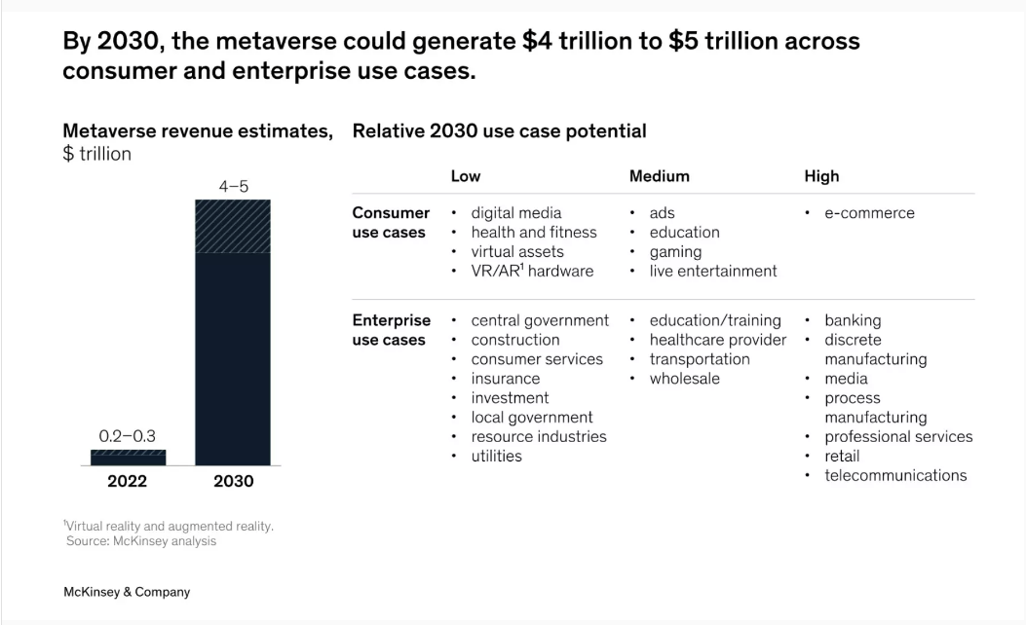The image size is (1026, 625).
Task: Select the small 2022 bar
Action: click(x=128, y=458)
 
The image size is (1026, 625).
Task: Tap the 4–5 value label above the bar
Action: click(x=233, y=185)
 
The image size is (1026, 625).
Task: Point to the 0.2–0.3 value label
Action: click(x=128, y=435)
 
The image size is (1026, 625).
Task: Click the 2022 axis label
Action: click(x=128, y=482)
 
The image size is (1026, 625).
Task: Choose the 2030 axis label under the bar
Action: click(x=233, y=482)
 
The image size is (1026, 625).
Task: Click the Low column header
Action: click(x=465, y=176)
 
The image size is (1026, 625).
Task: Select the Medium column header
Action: click(x=659, y=176)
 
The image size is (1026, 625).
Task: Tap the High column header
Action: click(x=821, y=176)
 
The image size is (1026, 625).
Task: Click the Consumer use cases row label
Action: click(x=390, y=223)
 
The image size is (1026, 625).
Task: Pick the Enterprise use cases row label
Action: click(x=390, y=330)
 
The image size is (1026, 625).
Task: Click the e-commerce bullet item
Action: click(x=869, y=213)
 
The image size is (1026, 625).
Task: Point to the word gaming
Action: click(x=675, y=252)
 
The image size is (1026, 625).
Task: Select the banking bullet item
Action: click(x=853, y=320)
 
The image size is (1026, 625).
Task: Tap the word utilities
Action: click(x=496, y=457)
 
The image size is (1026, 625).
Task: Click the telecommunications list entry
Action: click(x=895, y=476)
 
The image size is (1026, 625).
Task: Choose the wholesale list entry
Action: click(x=684, y=379)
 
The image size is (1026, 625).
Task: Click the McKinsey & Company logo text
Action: click(x=127, y=592)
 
